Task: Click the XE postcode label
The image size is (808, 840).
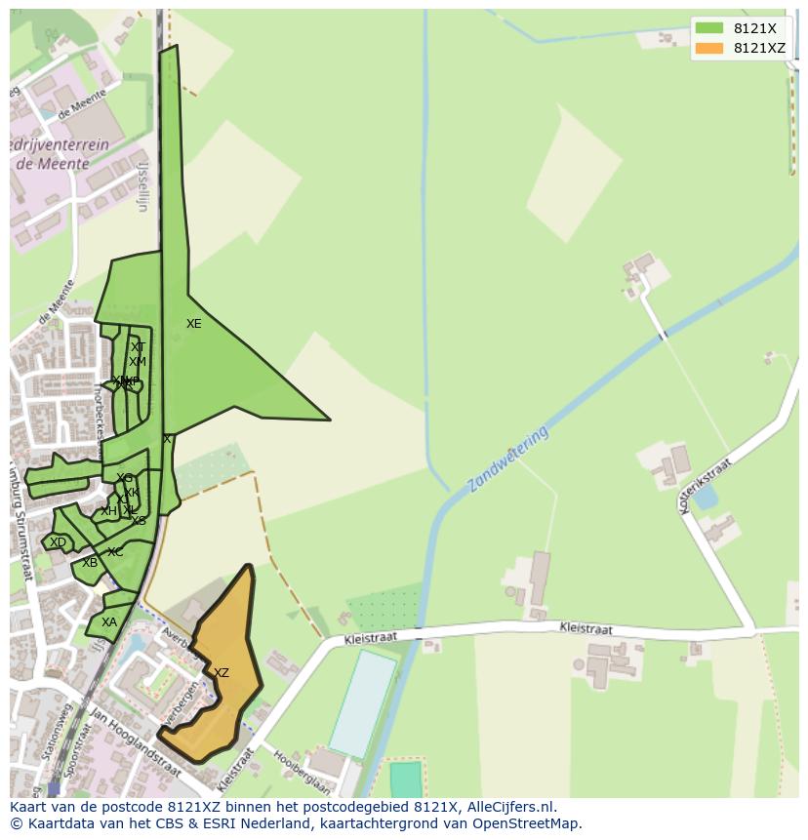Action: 194,324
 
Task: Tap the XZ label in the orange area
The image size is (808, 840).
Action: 222,673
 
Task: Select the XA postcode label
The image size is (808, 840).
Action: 109,622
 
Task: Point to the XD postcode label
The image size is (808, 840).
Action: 59,542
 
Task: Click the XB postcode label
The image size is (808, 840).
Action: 90,563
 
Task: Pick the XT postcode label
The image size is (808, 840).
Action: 138,347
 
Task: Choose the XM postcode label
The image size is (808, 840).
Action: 138,362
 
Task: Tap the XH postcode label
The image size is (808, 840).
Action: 108,511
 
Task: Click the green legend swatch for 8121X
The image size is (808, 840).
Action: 709,28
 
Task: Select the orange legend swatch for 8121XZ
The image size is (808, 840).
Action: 709,48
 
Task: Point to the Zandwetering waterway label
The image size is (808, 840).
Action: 507,459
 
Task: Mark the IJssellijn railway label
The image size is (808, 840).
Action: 142,186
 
